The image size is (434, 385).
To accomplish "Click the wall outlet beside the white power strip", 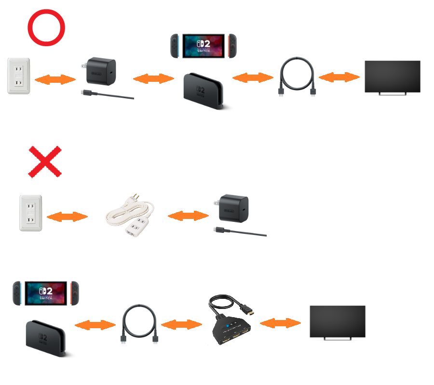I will point(30,213).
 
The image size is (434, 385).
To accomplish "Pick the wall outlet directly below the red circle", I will point(19,76).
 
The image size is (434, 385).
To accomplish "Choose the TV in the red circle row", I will point(392,77).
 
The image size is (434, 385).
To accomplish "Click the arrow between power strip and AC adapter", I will point(189,216).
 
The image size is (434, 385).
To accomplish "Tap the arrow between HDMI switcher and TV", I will point(280,323).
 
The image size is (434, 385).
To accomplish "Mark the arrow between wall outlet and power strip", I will point(67,217).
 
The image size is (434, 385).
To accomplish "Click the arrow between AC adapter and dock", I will point(153,78).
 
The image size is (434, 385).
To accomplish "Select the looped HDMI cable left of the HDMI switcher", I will point(139,323).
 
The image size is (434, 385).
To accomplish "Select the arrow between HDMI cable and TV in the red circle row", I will point(339,77).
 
